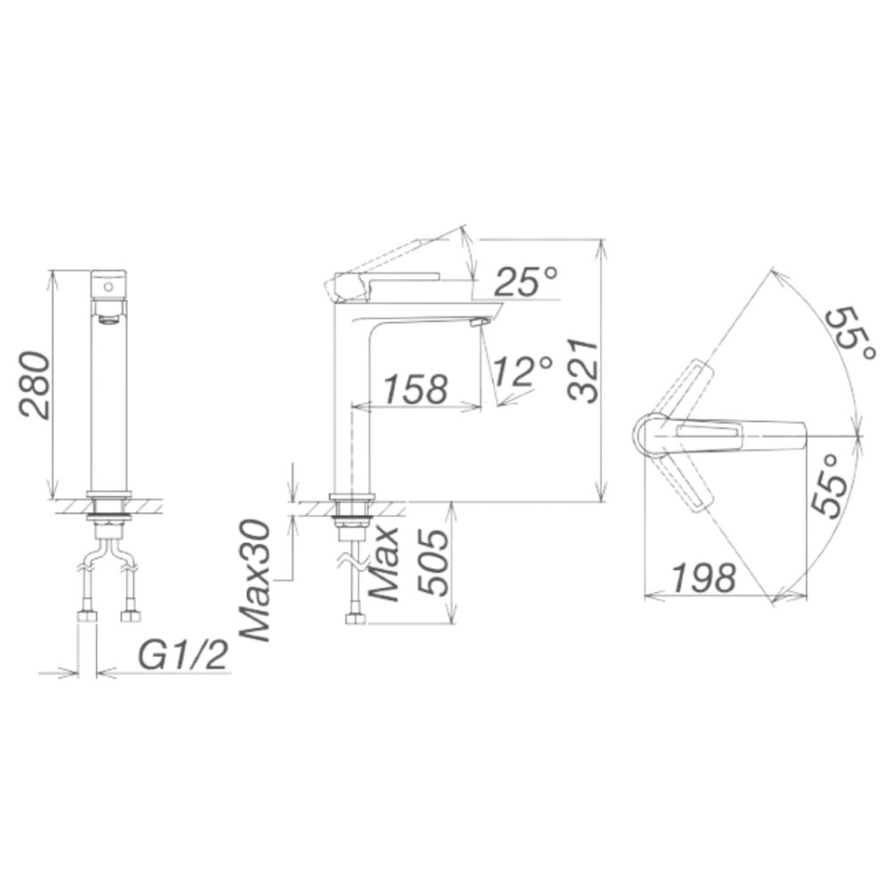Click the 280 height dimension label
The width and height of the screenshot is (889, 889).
coord(34,384)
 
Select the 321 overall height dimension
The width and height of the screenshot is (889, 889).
coord(582,370)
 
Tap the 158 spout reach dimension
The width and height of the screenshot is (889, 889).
coord(414,389)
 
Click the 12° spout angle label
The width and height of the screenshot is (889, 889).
coord(524,371)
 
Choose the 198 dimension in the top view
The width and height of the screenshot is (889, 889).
coord(702,578)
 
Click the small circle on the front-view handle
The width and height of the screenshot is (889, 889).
coord(108,287)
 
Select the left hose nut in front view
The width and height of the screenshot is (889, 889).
coord(87,616)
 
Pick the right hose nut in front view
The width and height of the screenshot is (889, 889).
coord(130,616)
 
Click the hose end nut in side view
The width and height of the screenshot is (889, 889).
coord(355,618)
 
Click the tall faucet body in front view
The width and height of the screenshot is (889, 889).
coord(109,400)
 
